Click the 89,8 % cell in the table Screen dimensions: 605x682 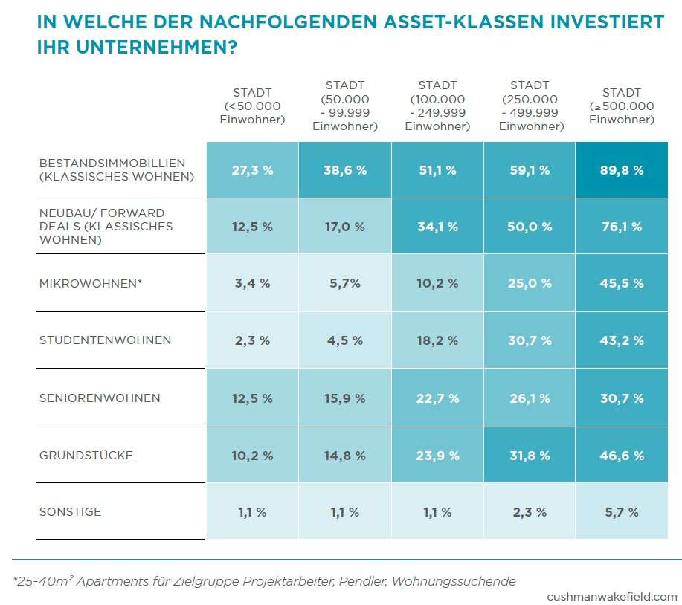[x=621, y=170]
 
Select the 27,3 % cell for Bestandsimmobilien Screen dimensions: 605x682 [x=252, y=170]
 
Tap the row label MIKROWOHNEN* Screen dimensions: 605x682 [x=91, y=283]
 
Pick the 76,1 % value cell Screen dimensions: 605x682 [x=621, y=227]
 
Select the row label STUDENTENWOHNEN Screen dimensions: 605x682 [x=105, y=340]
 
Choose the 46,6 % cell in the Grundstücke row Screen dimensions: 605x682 [x=621, y=456]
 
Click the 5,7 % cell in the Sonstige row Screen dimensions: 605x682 [x=621, y=512]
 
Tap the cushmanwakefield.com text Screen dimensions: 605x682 [x=612, y=596]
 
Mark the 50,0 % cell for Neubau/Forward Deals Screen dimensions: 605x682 [x=529, y=227]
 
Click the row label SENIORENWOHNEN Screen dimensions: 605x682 [x=100, y=398]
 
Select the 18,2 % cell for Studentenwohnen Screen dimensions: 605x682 [x=437, y=340]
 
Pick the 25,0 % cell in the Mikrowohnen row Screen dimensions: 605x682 [x=529, y=283]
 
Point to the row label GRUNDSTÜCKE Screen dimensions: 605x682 [x=86, y=455]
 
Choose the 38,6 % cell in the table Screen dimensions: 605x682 [x=344, y=170]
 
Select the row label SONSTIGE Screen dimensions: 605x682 [x=70, y=512]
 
